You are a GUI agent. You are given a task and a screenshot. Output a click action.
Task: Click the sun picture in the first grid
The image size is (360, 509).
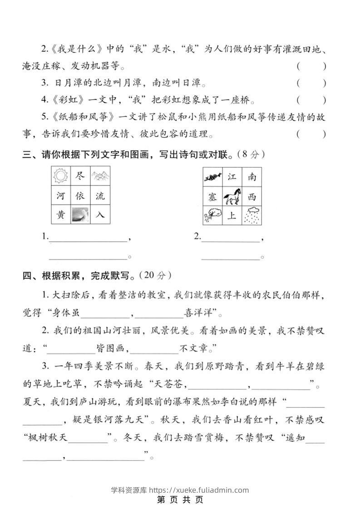pyautogui.click(x=61, y=176)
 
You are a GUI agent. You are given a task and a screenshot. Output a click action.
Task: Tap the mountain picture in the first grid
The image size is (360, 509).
pyautogui.click(x=100, y=176)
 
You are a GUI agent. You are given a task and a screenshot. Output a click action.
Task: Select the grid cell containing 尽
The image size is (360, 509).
pyautogui.click(x=80, y=176)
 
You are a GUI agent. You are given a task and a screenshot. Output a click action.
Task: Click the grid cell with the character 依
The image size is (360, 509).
pyautogui.click(x=80, y=196)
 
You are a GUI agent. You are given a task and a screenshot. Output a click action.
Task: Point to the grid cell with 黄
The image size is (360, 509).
pyautogui.click(x=61, y=215)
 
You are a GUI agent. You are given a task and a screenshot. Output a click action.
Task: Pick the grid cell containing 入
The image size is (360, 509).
pyautogui.click(x=100, y=215)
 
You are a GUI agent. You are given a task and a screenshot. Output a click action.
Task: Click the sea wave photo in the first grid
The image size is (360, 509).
pyautogui.click(x=80, y=215)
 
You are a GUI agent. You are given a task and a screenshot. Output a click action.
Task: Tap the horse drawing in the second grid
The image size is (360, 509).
pyautogui.click(x=232, y=196)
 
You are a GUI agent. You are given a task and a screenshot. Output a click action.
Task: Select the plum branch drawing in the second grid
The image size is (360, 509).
pyautogui.click(x=212, y=177)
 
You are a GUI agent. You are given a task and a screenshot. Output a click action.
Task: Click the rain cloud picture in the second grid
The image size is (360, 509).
pyautogui.click(x=252, y=215)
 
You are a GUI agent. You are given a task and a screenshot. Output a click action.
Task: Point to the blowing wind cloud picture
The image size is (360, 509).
pyautogui.click(x=212, y=215)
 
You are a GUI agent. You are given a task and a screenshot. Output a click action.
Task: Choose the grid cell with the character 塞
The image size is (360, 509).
pyautogui.click(x=212, y=196)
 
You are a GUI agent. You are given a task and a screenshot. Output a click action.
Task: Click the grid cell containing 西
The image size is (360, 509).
pyautogui.click(x=252, y=196)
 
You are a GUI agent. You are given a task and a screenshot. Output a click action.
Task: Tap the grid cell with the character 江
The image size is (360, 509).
pyautogui.click(x=232, y=177)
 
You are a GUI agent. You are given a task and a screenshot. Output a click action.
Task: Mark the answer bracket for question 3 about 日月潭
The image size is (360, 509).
pyautogui.click(x=311, y=83)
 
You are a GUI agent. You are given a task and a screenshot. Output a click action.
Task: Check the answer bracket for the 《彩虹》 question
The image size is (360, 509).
pyautogui.click(x=311, y=100)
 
